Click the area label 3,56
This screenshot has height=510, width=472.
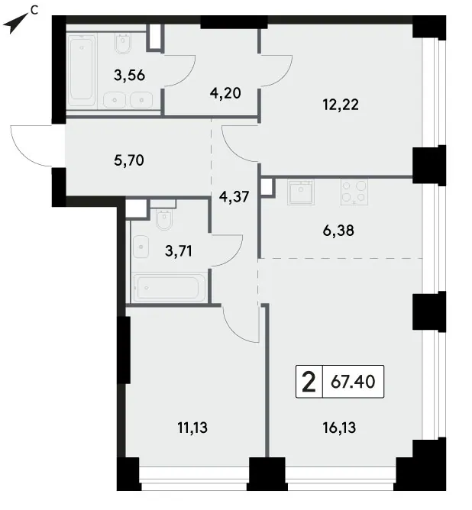click(x=129, y=76)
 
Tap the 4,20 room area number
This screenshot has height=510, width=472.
click(x=225, y=93)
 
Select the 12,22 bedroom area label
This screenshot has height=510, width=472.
click(x=341, y=105)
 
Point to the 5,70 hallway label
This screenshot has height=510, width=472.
click(x=129, y=160)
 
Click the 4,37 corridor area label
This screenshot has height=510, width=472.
click(x=234, y=197)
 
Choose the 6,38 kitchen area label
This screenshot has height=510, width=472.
click(x=338, y=231)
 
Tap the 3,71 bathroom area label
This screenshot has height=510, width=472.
click(x=179, y=251)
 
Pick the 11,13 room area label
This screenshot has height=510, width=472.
click(x=192, y=428)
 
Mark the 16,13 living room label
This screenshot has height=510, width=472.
click(x=339, y=428)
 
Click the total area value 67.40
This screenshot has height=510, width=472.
click(x=354, y=382)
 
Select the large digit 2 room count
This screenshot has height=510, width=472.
click(x=309, y=382)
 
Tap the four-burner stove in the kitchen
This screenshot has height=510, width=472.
click(x=354, y=192)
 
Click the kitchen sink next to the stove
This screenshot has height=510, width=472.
click(x=301, y=192)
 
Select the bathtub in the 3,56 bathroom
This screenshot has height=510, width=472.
click(x=82, y=71)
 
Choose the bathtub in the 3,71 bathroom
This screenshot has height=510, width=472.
click(x=169, y=288)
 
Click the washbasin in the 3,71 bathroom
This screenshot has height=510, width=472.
click(x=141, y=247)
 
